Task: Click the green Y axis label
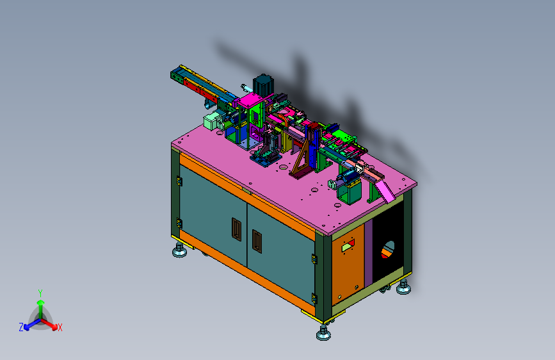point(40,293)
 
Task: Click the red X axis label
point(60,327)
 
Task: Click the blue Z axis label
point(21,327)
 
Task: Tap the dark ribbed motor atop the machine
point(263,85)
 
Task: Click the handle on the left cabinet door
point(236,229)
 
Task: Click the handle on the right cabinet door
point(257,241)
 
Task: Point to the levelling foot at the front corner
point(323,332)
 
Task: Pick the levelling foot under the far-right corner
point(403,287)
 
